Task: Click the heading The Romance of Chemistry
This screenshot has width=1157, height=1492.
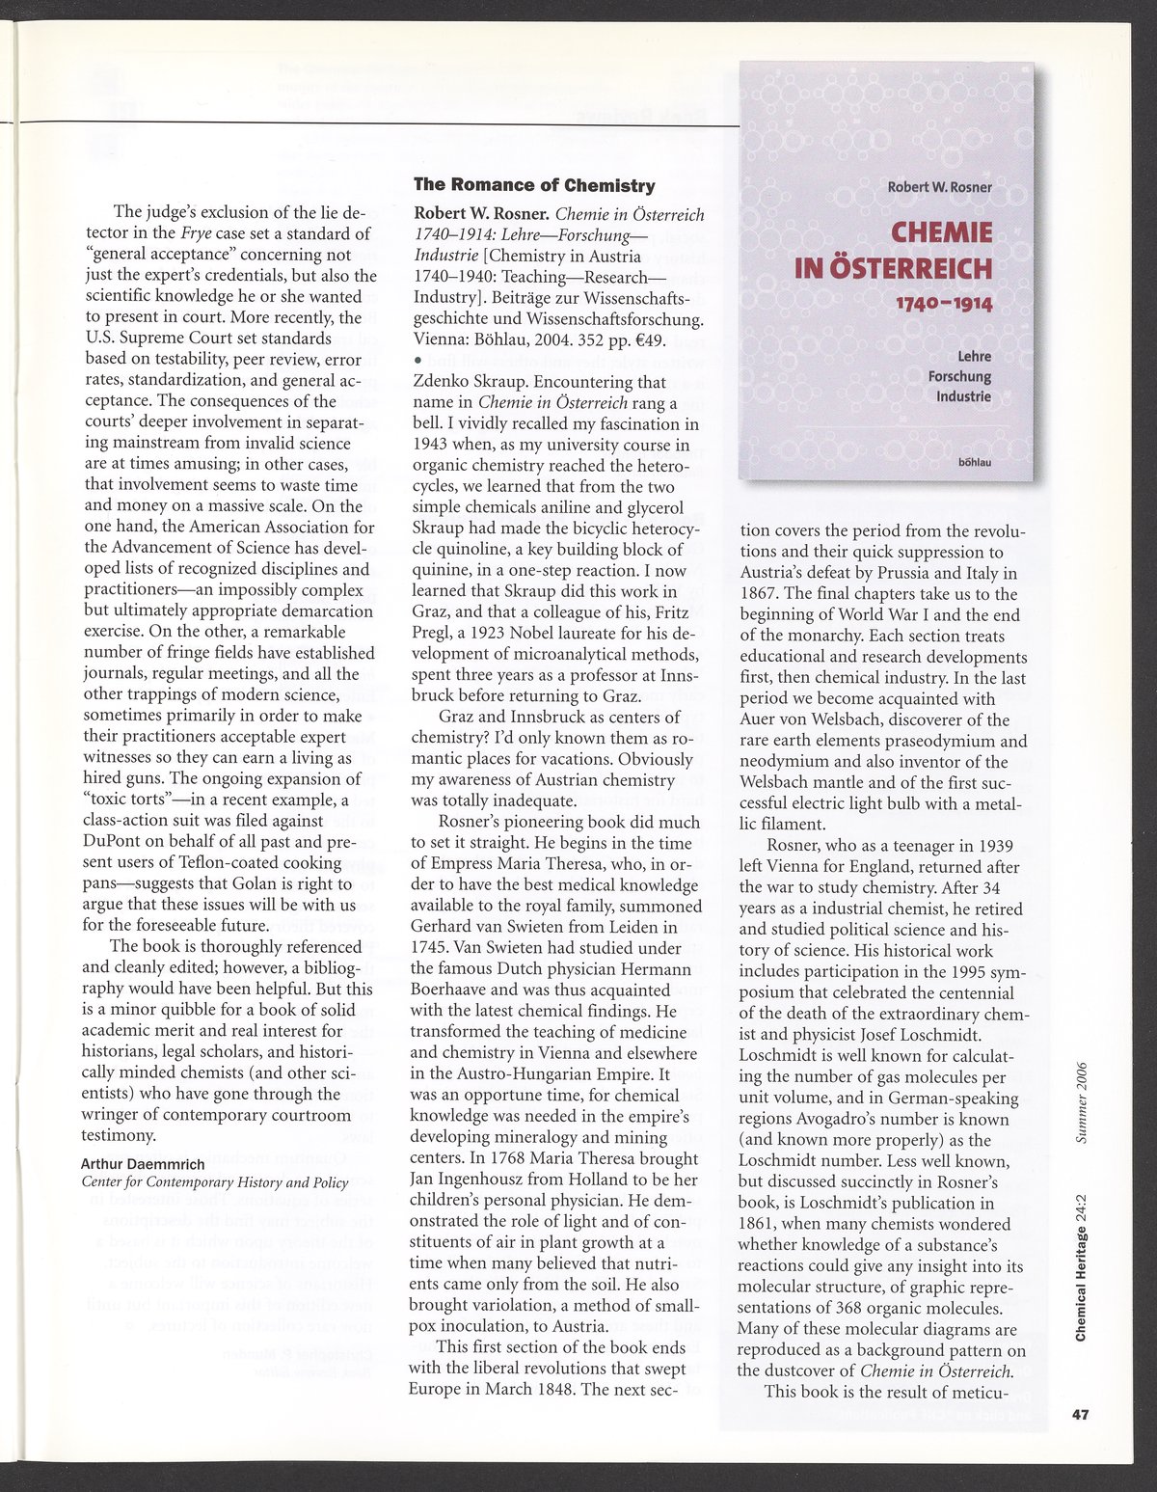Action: (x=534, y=185)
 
